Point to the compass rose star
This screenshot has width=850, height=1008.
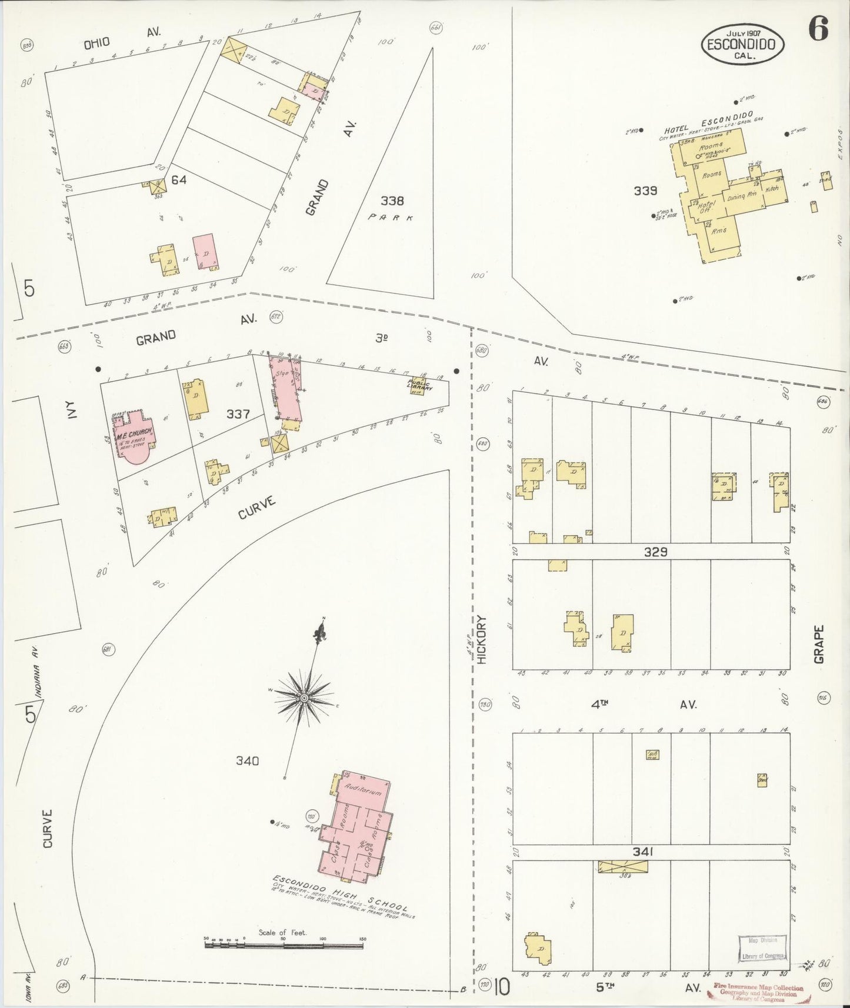tap(304, 697)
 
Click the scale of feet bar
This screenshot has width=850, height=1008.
tap(285, 945)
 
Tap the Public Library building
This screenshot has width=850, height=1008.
tap(421, 385)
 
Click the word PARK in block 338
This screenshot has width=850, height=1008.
tap(391, 218)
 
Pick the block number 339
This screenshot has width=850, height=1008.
tap(645, 191)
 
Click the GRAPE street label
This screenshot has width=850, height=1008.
tap(819, 644)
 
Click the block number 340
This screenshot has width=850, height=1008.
tap(247, 760)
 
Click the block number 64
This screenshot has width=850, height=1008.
tap(179, 179)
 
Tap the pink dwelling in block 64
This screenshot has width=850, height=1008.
tap(205, 253)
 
